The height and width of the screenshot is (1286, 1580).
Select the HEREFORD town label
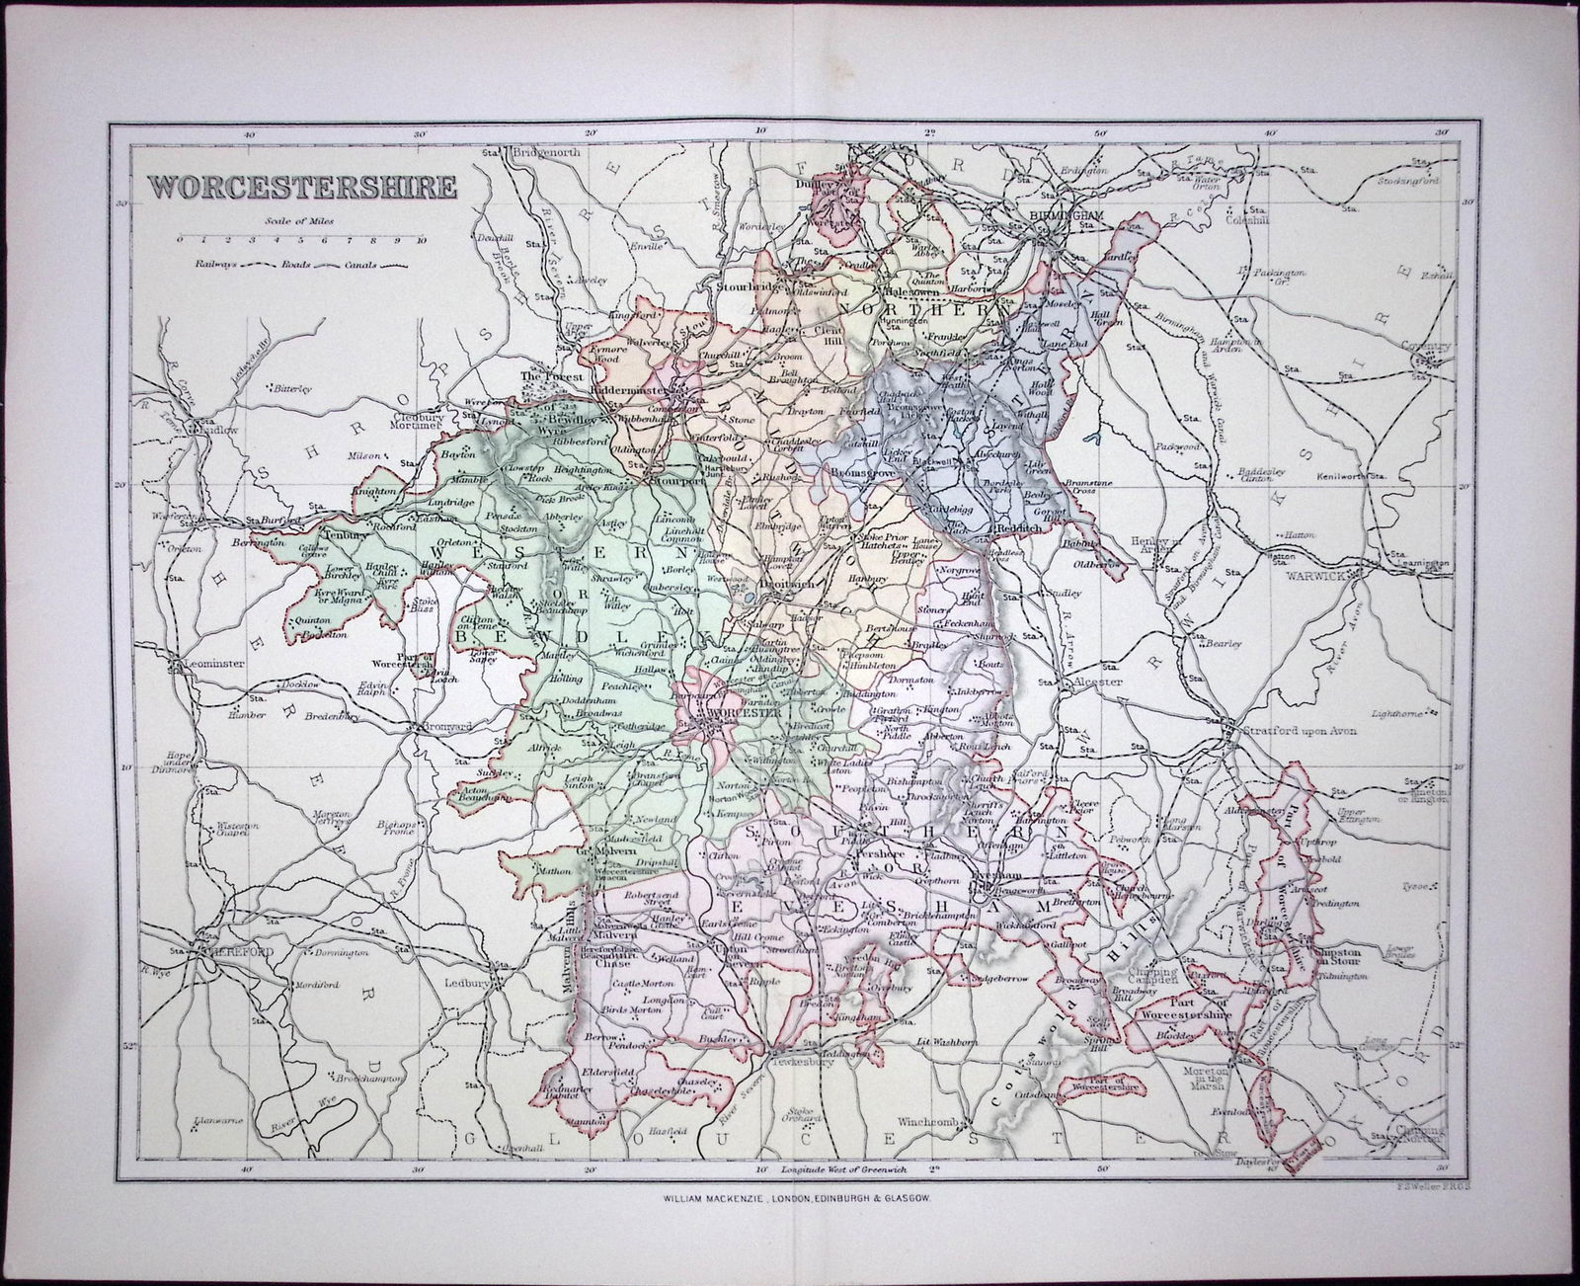[x=236, y=950]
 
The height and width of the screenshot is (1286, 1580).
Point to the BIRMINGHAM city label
[x=1060, y=214]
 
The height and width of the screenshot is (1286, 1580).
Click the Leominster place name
[x=208, y=665]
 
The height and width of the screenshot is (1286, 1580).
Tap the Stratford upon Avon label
[x=1302, y=732]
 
